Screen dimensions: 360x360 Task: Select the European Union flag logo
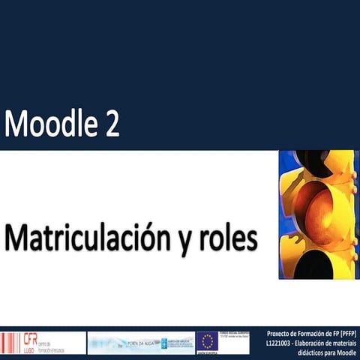click(x=207, y=342)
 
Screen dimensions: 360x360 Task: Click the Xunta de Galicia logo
click(x=175, y=342)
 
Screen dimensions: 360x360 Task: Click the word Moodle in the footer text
click(x=346, y=352)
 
